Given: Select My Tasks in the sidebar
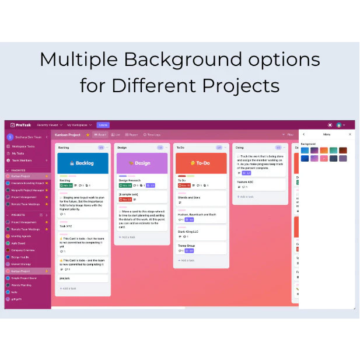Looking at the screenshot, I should tap(18, 153).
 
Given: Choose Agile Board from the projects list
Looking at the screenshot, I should tap(19, 243).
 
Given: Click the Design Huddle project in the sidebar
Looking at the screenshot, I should tap(20, 257).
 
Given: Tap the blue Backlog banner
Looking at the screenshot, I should tap(82, 163).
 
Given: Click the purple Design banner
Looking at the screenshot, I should tap(141, 163).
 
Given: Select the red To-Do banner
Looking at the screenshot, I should tap(201, 163).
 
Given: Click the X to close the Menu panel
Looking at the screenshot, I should tap(350, 134).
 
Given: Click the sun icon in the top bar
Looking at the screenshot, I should tap(330, 125).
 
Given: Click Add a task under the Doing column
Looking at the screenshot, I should tap(246, 197).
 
